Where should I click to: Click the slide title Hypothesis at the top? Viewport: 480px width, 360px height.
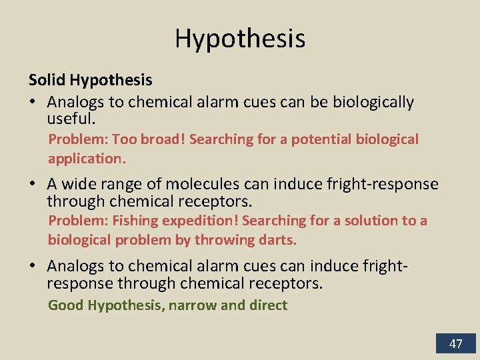(x=240, y=39)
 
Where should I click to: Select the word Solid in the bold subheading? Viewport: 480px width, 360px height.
(x=47, y=81)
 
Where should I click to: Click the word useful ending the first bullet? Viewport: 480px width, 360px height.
(x=71, y=119)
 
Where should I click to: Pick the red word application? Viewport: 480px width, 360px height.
(x=86, y=159)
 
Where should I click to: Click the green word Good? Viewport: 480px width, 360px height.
(x=65, y=305)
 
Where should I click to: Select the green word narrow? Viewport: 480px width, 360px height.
(x=193, y=305)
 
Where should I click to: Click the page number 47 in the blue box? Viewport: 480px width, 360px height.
(x=456, y=344)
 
